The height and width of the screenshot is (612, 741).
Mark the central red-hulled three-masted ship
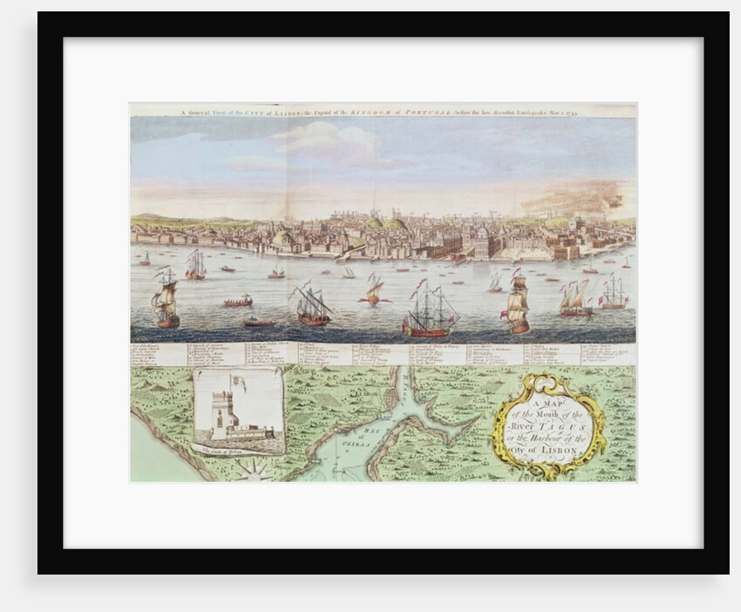431,312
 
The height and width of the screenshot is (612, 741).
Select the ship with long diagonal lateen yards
312,304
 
